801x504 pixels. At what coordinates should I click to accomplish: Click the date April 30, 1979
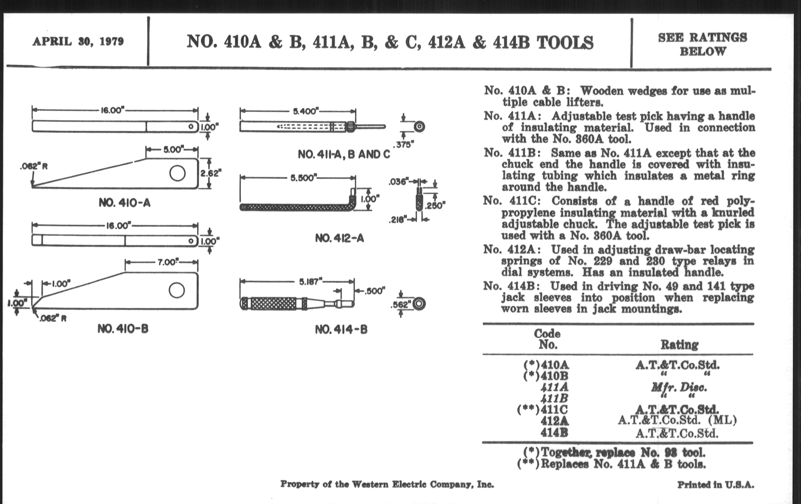pyautogui.click(x=78, y=42)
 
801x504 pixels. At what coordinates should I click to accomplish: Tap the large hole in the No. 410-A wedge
pyautogui.click(x=177, y=173)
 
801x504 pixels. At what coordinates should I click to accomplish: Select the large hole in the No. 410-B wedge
pyautogui.click(x=177, y=290)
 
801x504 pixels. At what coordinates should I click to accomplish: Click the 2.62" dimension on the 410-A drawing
pyautogui.click(x=211, y=173)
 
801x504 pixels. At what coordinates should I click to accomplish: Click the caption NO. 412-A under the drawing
pyautogui.click(x=340, y=238)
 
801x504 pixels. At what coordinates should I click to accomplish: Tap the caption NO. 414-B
pyautogui.click(x=341, y=330)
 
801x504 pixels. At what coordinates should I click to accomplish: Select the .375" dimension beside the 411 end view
pyautogui.click(x=403, y=145)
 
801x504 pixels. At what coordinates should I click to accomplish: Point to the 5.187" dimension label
pyautogui.click(x=311, y=282)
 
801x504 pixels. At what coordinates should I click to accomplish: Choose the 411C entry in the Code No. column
pyautogui.click(x=554, y=409)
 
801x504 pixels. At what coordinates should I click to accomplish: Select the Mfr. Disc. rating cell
pyautogui.click(x=679, y=387)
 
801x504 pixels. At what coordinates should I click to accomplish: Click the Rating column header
pyautogui.click(x=679, y=345)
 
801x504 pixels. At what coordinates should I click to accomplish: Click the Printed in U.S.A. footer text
pyautogui.click(x=716, y=485)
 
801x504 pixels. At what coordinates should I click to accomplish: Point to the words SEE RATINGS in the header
pyautogui.click(x=703, y=38)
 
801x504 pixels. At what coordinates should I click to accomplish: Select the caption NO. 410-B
pyautogui.click(x=123, y=329)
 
